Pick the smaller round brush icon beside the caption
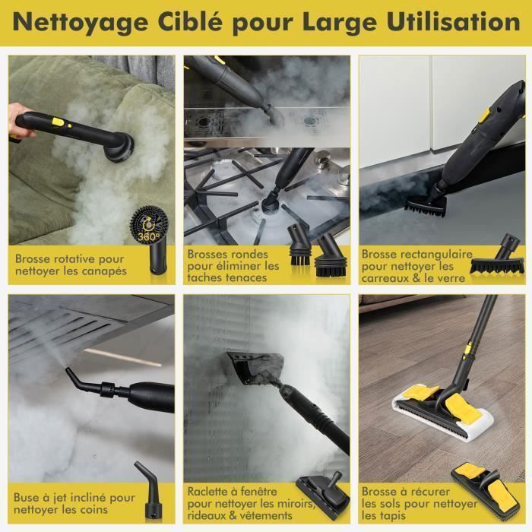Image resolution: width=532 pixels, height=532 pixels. coord(299,244)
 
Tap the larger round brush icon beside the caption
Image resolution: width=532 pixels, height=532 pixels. coord(331,255)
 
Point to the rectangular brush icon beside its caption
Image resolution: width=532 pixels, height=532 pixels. coord(497,255)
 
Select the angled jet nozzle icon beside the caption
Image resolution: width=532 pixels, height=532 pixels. coord(147,489)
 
